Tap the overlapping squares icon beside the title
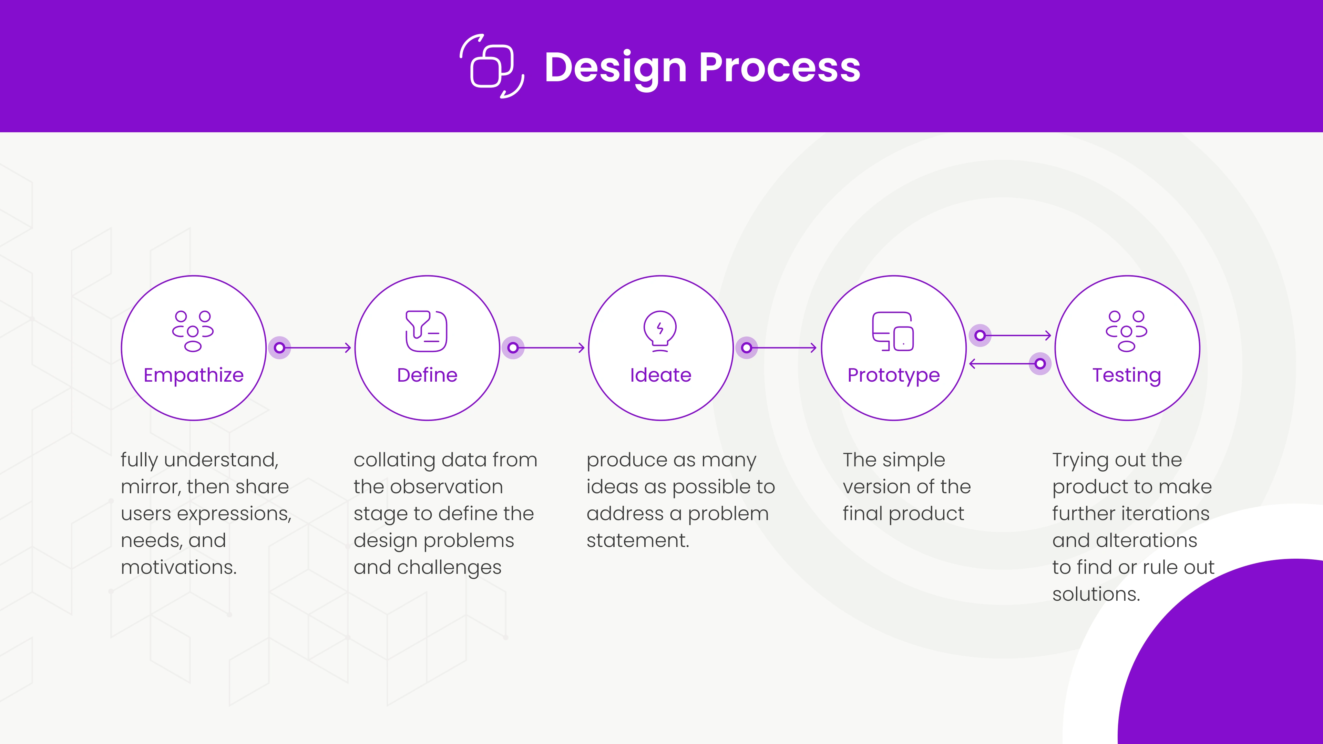(492, 66)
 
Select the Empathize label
(194, 376)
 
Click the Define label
(427, 375)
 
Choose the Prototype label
(894, 376)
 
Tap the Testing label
(1127, 376)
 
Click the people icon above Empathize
(193, 331)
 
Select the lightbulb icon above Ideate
(660, 331)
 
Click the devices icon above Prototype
(893, 331)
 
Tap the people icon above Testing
(1127, 331)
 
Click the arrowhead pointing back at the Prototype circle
(972, 364)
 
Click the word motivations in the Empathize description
(179, 567)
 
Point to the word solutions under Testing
(1096, 595)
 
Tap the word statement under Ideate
(638, 541)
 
